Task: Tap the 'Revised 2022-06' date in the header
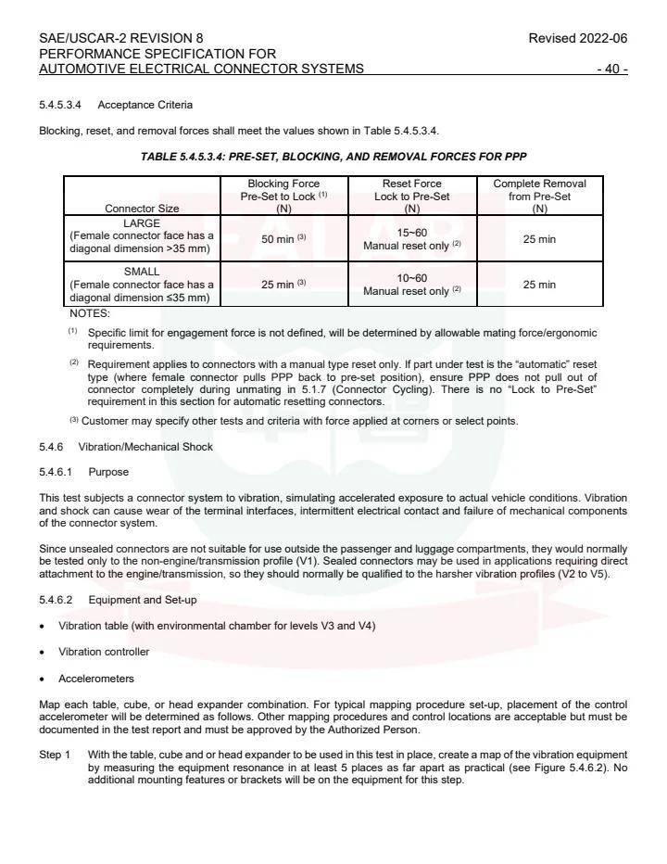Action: tap(577, 38)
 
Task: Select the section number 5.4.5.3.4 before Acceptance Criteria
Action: tap(62, 104)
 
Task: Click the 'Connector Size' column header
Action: tap(142, 209)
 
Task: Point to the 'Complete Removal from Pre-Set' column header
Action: tap(539, 196)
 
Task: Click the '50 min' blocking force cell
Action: tap(283, 239)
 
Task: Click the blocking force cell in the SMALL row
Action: tap(283, 285)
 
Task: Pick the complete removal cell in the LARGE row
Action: tap(539, 239)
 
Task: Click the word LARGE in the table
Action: tap(142, 223)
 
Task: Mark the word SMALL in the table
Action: tap(142, 272)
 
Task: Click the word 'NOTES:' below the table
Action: tap(90, 313)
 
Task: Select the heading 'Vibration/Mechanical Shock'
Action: tap(145, 447)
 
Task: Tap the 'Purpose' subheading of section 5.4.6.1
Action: tap(108, 472)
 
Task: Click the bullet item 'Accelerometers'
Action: tap(96, 679)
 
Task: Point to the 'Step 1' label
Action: tap(55, 755)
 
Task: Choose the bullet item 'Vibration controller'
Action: tap(104, 652)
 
